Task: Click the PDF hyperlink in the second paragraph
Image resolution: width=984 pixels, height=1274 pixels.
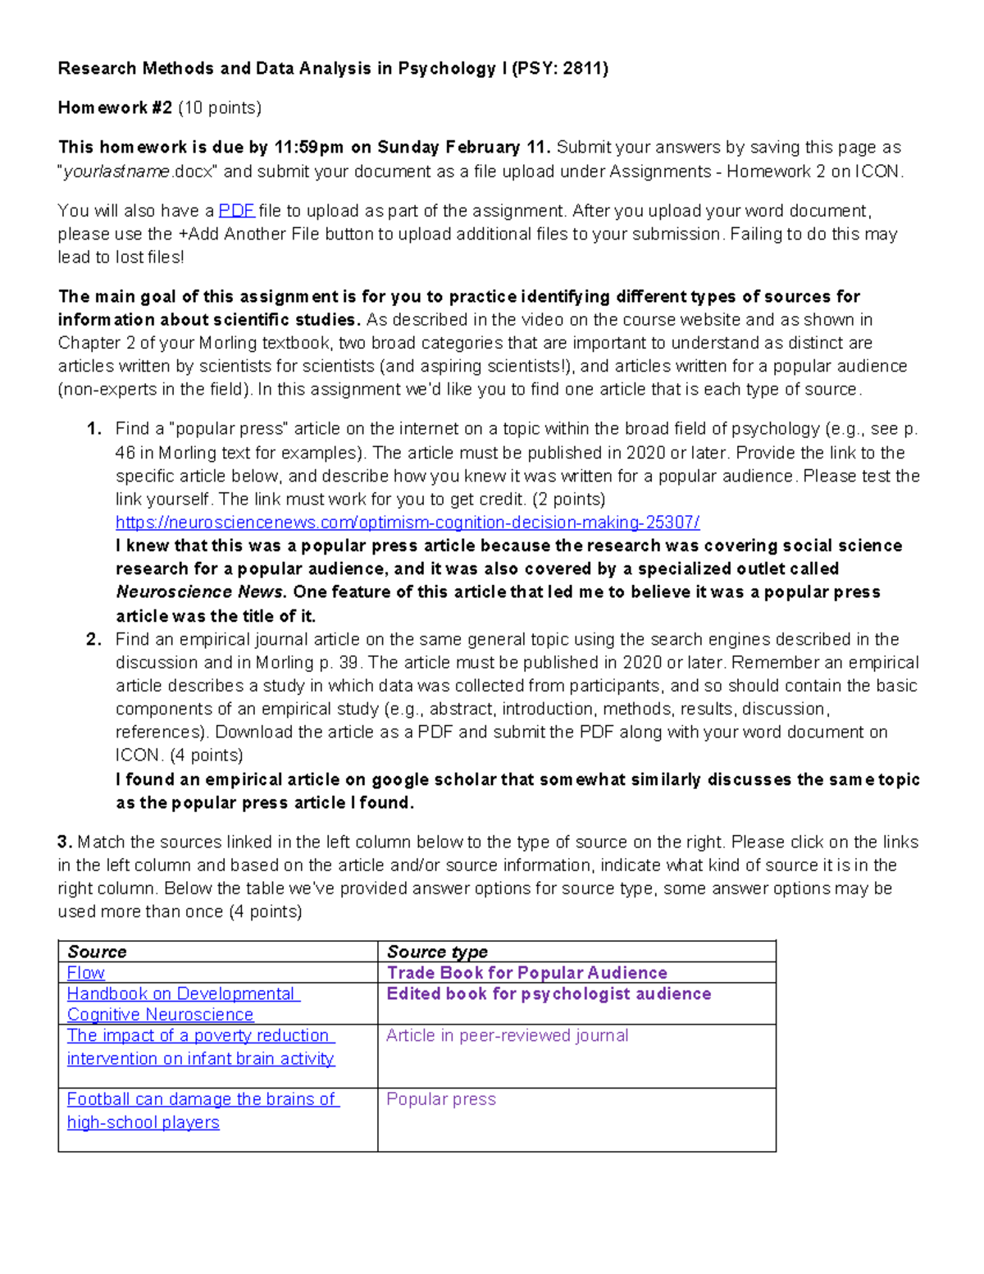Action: coord(236,211)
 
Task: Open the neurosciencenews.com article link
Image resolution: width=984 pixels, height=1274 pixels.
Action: coord(408,523)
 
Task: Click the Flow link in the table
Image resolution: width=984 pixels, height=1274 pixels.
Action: coord(85,973)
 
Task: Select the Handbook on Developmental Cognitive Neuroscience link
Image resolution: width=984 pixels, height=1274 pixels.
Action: coord(183,994)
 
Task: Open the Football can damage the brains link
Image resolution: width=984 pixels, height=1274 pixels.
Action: coord(202,1099)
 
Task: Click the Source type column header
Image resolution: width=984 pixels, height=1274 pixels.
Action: coord(437,952)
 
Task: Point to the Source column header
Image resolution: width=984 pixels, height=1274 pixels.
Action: coord(97,952)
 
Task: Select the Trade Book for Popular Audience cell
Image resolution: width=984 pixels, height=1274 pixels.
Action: coord(526,973)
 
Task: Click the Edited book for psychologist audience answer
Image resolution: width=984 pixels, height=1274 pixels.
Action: coord(549,994)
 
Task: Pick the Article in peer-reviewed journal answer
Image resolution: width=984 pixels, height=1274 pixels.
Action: coord(507,1036)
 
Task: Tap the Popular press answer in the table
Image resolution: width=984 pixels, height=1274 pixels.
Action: coord(441,1099)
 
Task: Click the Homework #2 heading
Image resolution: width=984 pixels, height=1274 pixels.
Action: coord(115,108)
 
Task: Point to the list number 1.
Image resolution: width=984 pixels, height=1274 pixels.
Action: coord(93,429)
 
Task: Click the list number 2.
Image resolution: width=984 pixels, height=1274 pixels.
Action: coord(93,640)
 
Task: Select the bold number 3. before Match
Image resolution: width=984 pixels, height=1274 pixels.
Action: coord(66,842)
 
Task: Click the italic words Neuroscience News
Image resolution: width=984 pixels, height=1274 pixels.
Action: coord(201,592)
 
